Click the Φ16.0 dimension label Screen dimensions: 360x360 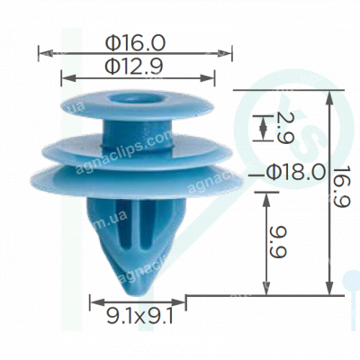pyautogui.click(x=136, y=42)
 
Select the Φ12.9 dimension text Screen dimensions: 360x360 pyautogui.click(x=136, y=66)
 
